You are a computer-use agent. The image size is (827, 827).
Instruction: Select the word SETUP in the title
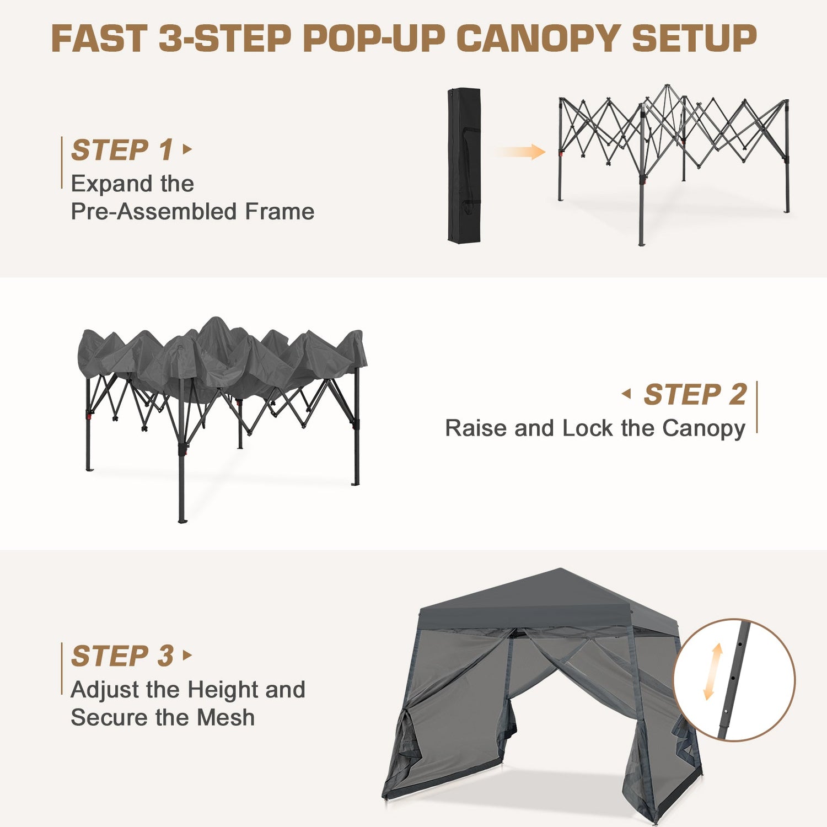[x=694, y=39]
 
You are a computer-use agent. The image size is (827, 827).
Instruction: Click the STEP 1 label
[x=122, y=150]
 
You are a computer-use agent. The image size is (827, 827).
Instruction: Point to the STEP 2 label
[x=695, y=395]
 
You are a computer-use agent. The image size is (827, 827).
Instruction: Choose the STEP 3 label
[x=122, y=656]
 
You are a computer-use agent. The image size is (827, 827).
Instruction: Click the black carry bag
[x=464, y=165]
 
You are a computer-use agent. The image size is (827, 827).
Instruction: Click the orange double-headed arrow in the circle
[x=713, y=672]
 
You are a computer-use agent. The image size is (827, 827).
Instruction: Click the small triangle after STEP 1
[x=187, y=149]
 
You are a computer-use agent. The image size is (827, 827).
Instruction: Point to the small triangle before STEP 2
[x=626, y=394]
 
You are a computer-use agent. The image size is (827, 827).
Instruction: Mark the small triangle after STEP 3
[x=187, y=655]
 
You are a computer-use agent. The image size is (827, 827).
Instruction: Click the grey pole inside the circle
[x=733, y=679]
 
